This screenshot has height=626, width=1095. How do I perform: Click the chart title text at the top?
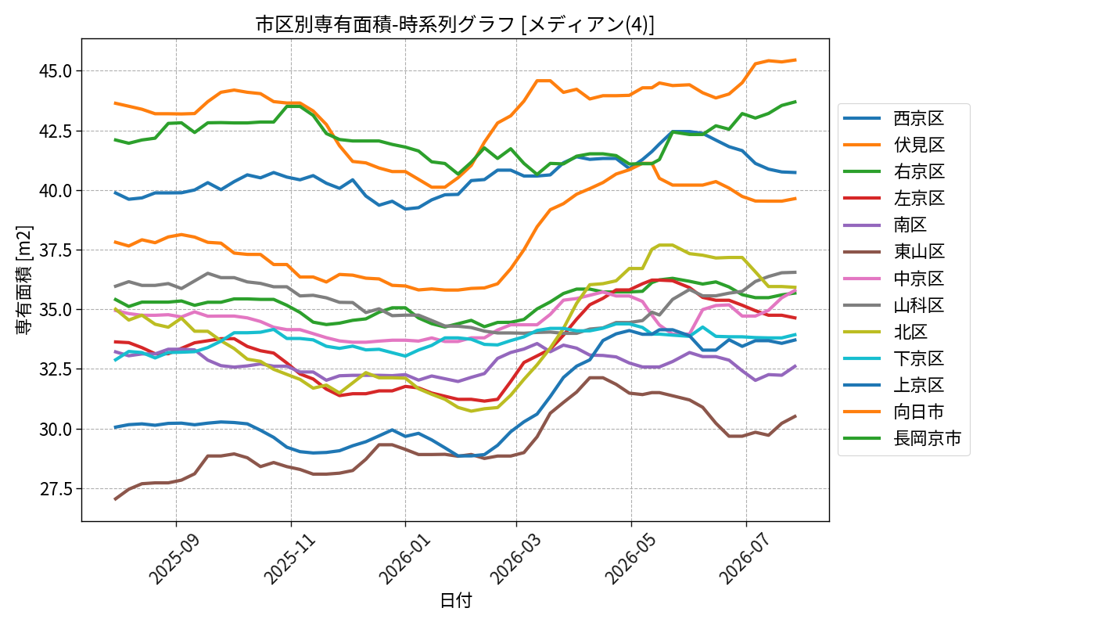tap(454, 24)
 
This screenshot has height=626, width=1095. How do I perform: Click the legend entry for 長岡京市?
tap(903, 438)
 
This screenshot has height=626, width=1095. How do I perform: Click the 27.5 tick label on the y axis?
tap(56, 489)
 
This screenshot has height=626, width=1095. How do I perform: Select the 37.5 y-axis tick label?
tap(56, 250)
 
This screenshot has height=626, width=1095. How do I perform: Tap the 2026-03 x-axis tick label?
tap(515, 559)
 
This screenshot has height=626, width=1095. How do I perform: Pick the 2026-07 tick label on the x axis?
tap(745, 559)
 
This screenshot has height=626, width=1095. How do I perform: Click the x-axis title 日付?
tap(455, 600)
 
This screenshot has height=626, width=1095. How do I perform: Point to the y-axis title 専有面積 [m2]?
tap(24, 280)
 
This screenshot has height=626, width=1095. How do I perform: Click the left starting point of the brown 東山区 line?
tap(115, 499)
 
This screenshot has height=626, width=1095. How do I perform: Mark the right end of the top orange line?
tap(796, 59)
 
